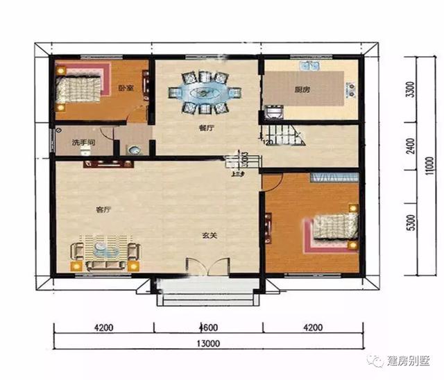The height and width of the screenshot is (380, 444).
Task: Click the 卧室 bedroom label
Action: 126,88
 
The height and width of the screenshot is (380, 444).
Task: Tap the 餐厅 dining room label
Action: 205,128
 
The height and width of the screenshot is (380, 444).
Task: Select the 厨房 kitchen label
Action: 302,89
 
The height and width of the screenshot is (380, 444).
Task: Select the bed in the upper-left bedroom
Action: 79,88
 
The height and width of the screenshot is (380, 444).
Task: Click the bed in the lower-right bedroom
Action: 332,227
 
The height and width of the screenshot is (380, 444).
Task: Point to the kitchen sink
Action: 309,67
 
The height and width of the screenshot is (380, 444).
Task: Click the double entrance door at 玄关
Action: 209,268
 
